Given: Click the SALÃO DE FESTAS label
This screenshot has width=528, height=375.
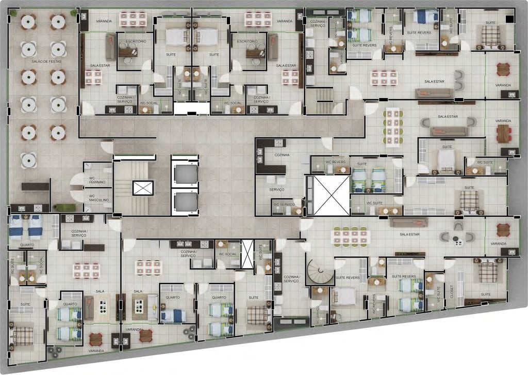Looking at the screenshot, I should tap(43, 90).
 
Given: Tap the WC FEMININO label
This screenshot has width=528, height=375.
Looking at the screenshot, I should tap(97, 180).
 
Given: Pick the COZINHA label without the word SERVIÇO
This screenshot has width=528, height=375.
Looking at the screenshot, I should tap(282, 154).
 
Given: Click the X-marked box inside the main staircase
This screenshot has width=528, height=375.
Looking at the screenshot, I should tap(143, 187).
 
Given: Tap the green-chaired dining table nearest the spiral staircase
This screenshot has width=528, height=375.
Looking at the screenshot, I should tap(350, 236).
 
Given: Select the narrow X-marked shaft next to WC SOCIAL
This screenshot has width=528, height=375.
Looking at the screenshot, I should tap(247, 254).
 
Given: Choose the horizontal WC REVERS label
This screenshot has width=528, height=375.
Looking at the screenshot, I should tap(335, 162).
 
